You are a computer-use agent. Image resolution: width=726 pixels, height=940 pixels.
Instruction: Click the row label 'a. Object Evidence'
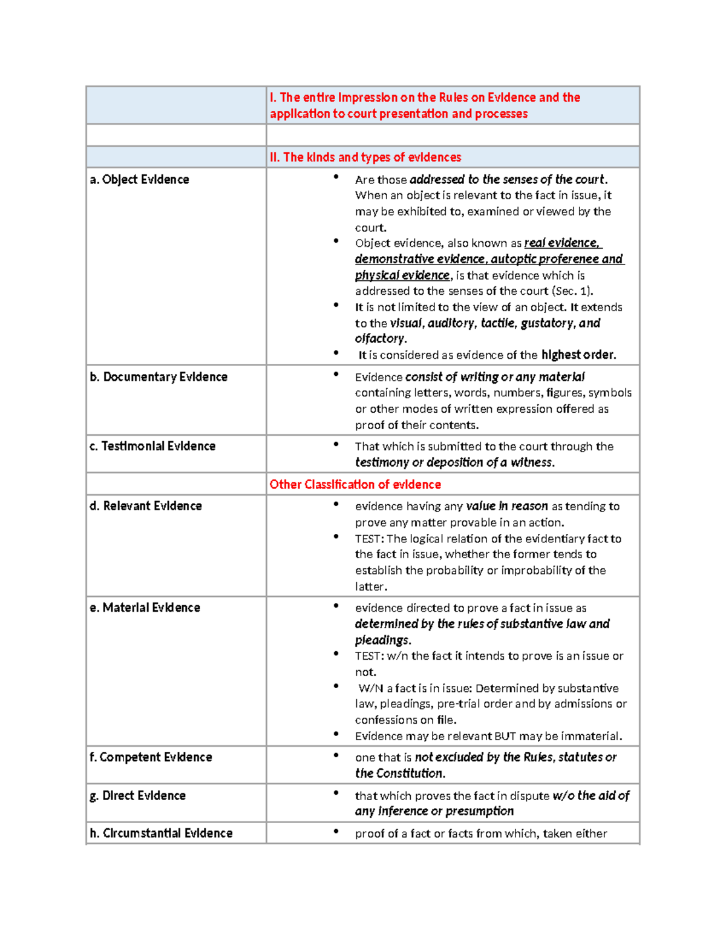click(x=139, y=180)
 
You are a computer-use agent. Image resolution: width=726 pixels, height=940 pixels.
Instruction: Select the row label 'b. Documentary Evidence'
click(x=159, y=377)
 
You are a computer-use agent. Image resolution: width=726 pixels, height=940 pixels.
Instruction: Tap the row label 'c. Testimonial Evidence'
click(x=152, y=446)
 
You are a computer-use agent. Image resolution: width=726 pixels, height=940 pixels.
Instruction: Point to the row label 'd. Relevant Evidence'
click(x=146, y=506)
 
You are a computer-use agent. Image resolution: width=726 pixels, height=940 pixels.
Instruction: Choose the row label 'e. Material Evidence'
click(x=145, y=608)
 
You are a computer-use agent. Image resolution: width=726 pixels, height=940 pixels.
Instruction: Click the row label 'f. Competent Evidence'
click(x=151, y=757)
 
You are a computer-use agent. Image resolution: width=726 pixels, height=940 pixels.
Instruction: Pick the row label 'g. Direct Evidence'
click(x=137, y=796)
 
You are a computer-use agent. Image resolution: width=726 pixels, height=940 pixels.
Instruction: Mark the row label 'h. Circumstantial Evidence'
click(x=161, y=833)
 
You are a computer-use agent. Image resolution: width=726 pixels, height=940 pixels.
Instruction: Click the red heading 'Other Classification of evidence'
click(x=355, y=485)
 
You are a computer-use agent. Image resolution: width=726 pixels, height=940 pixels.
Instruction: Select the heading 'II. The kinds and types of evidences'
click(x=365, y=157)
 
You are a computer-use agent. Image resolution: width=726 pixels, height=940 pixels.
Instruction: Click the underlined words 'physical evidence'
click(x=402, y=275)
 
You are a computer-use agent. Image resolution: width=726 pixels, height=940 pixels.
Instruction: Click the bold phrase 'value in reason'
click(x=506, y=506)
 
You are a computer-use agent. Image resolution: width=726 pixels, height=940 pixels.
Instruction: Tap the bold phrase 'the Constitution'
click(x=400, y=774)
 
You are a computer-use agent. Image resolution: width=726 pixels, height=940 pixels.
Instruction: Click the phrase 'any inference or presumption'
click(x=434, y=811)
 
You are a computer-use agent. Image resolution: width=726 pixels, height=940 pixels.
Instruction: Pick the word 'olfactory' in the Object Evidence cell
click(x=379, y=339)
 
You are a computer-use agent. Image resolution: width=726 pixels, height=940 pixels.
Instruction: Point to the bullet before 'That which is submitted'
click(x=336, y=444)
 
